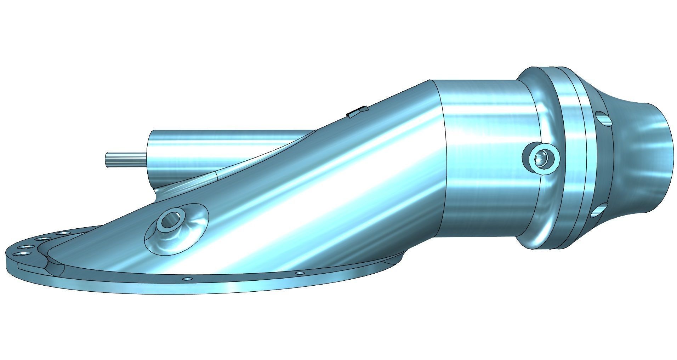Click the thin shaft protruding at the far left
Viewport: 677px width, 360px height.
tap(124, 159)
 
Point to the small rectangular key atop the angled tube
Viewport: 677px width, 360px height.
tap(356, 112)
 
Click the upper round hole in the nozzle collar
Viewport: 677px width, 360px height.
tap(604, 119)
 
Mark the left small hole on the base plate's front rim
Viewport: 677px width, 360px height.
tap(187, 279)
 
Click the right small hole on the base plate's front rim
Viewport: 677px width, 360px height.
tap(300, 273)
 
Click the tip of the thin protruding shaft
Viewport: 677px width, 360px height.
tap(106, 159)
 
